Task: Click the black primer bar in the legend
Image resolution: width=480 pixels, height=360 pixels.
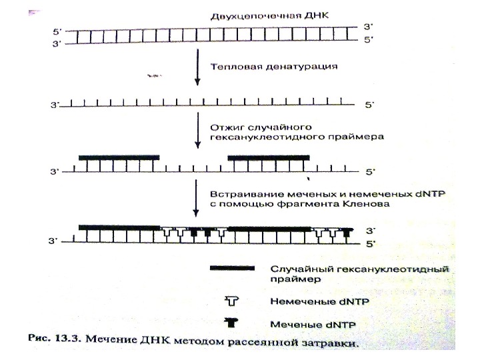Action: coord(232,269)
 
